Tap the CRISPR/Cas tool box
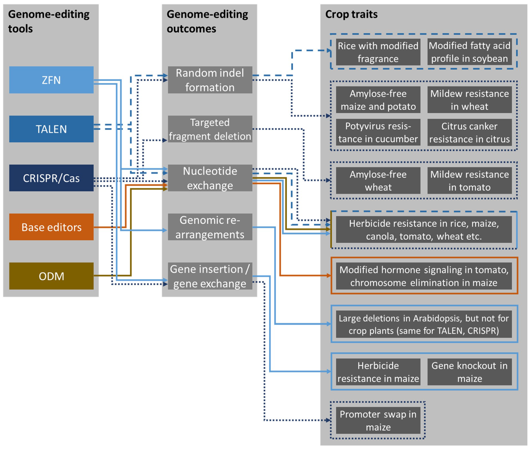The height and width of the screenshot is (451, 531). click(x=51, y=178)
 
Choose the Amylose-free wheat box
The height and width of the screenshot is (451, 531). click(x=378, y=181)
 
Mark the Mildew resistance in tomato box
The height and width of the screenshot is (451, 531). click(x=470, y=181)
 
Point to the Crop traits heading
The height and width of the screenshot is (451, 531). click(x=351, y=14)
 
